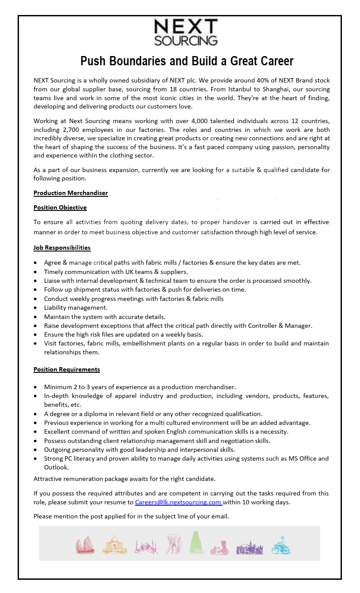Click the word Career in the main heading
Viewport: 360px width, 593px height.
pyautogui.click(x=274, y=60)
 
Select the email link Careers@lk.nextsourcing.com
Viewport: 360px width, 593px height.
pyautogui.click(x=178, y=502)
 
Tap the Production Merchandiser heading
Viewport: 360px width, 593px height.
pyautogui.click(x=71, y=193)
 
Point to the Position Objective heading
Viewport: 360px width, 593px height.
pyautogui.click(x=60, y=207)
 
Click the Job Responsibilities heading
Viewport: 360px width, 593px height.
pyautogui.click(x=62, y=248)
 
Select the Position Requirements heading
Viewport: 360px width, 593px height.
pyautogui.click(x=67, y=369)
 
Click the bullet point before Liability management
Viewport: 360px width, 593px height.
pyautogui.click(x=35, y=308)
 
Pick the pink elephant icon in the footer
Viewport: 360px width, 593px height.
pyautogui.click(x=173, y=544)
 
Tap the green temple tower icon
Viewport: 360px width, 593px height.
pyautogui.click(x=196, y=543)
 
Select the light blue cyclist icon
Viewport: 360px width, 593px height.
pyautogui.click(x=281, y=545)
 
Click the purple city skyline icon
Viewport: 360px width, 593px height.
pyautogui.click(x=250, y=547)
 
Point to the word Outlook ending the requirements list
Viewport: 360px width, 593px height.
pyautogui.click(x=56, y=467)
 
